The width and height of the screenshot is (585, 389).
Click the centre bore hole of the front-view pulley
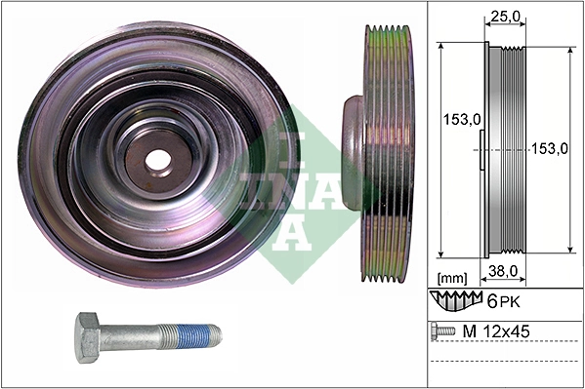click(156, 157)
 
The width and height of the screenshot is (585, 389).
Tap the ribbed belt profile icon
click(457, 297)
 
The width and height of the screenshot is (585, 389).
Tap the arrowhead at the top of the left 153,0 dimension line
click(444, 46)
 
